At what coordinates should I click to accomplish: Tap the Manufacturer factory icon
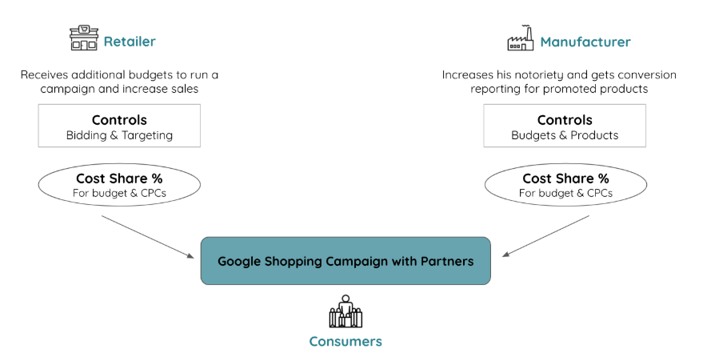coord(520,38)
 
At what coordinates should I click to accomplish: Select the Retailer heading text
coord(130,42)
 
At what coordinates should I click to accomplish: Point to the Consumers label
coord(346,342)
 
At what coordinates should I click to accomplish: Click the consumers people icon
coord(346,311)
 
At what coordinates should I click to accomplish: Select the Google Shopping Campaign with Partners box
coord(346,261)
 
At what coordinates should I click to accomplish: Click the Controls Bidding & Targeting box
coord(119,126)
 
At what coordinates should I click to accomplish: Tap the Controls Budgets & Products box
coord(565,126)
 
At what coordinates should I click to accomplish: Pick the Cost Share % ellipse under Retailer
coord(119,185)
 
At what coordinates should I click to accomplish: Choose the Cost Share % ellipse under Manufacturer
coord(565,185)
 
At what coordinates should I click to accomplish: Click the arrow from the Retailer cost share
coord(148,236)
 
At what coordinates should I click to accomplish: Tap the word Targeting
coord(146,135)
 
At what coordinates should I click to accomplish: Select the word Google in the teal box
coord(239,262)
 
